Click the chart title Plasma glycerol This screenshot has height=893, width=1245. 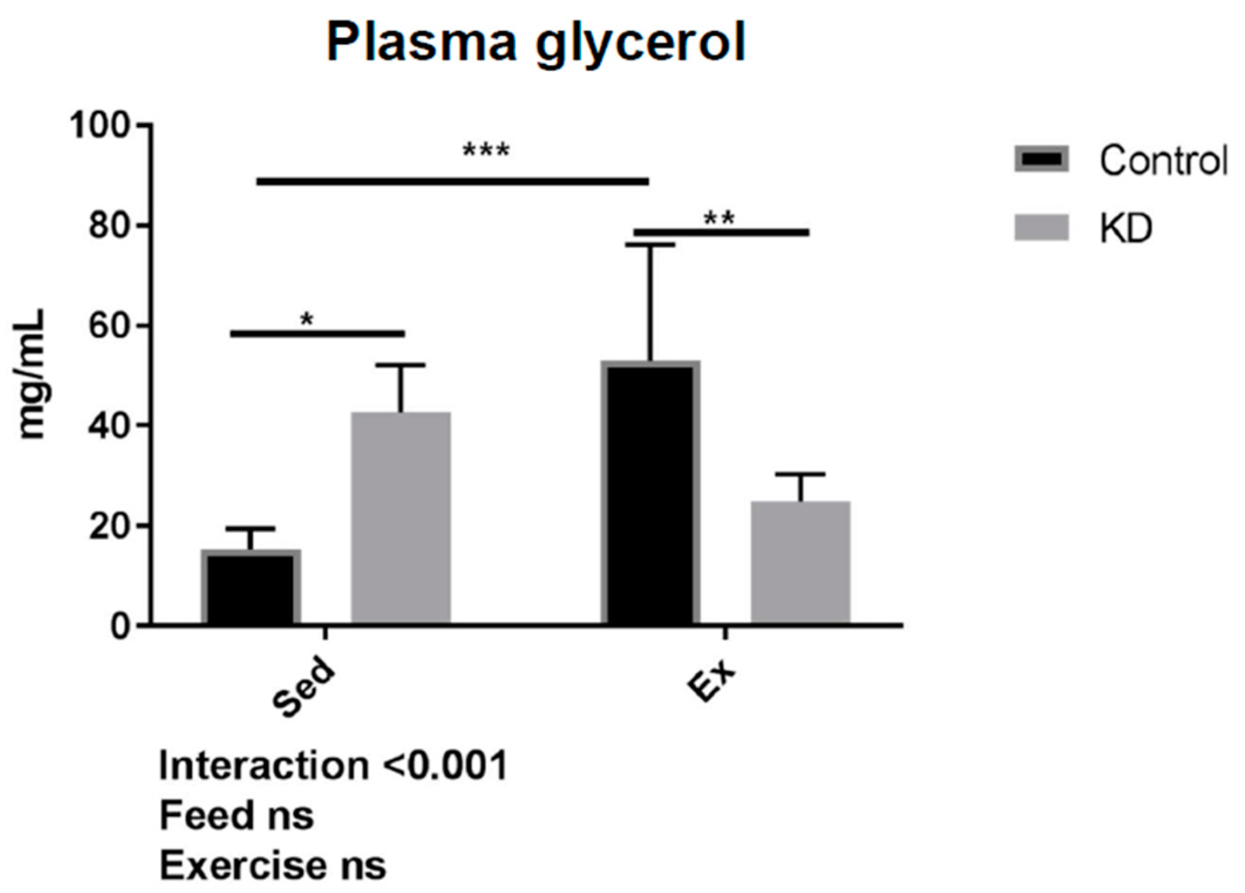click(535, 42)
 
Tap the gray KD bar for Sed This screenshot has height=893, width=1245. click(401, 518)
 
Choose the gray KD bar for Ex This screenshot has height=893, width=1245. click(801, 563)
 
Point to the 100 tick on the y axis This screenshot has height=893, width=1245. click(100, 125)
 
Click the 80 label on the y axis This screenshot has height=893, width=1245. click(108, 226)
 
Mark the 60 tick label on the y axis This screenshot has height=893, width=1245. click(108, 326)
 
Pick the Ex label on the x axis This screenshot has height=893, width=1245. click(712, 680)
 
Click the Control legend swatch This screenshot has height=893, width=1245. click(1042, 159)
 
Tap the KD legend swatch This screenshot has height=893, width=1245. click(1042, 227)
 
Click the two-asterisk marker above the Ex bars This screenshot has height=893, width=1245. click(719, 219)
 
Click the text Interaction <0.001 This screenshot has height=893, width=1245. click(333, 765)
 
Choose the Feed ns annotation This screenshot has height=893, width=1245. click(237, 815)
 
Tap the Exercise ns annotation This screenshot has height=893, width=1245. click(273, 865)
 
